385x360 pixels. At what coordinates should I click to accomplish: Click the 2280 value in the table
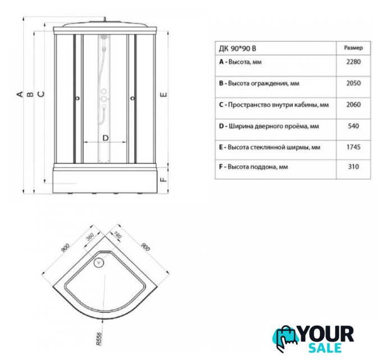tap(354, 61)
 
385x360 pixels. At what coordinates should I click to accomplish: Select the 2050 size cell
tap(354, 83)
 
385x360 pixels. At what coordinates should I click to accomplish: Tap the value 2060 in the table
tap(354, 105)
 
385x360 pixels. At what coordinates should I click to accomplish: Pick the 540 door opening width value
tap(354, 126)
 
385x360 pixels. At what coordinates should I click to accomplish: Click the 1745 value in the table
tap(354, 147)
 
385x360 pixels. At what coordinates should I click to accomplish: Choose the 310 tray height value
tap(354, 166)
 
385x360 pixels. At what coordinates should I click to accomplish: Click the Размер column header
tap(354, 48)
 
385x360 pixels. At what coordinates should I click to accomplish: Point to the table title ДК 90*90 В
tap(237, 48)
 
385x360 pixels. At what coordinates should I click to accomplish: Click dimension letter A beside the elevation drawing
tap(20, 94)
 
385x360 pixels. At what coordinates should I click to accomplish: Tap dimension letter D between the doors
tap(105, 138)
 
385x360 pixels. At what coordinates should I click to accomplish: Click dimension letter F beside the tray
tap(164, 179)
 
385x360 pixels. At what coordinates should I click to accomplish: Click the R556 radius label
tap(98, 339)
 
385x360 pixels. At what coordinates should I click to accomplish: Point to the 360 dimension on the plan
tap(90, 237)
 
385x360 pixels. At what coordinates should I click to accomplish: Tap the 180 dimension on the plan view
tap(118, 235)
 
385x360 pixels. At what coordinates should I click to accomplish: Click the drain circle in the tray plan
tap(99, 263)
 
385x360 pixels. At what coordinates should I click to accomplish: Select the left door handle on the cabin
tap(78, 98)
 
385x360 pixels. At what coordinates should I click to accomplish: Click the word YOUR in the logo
tap(327, 334)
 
